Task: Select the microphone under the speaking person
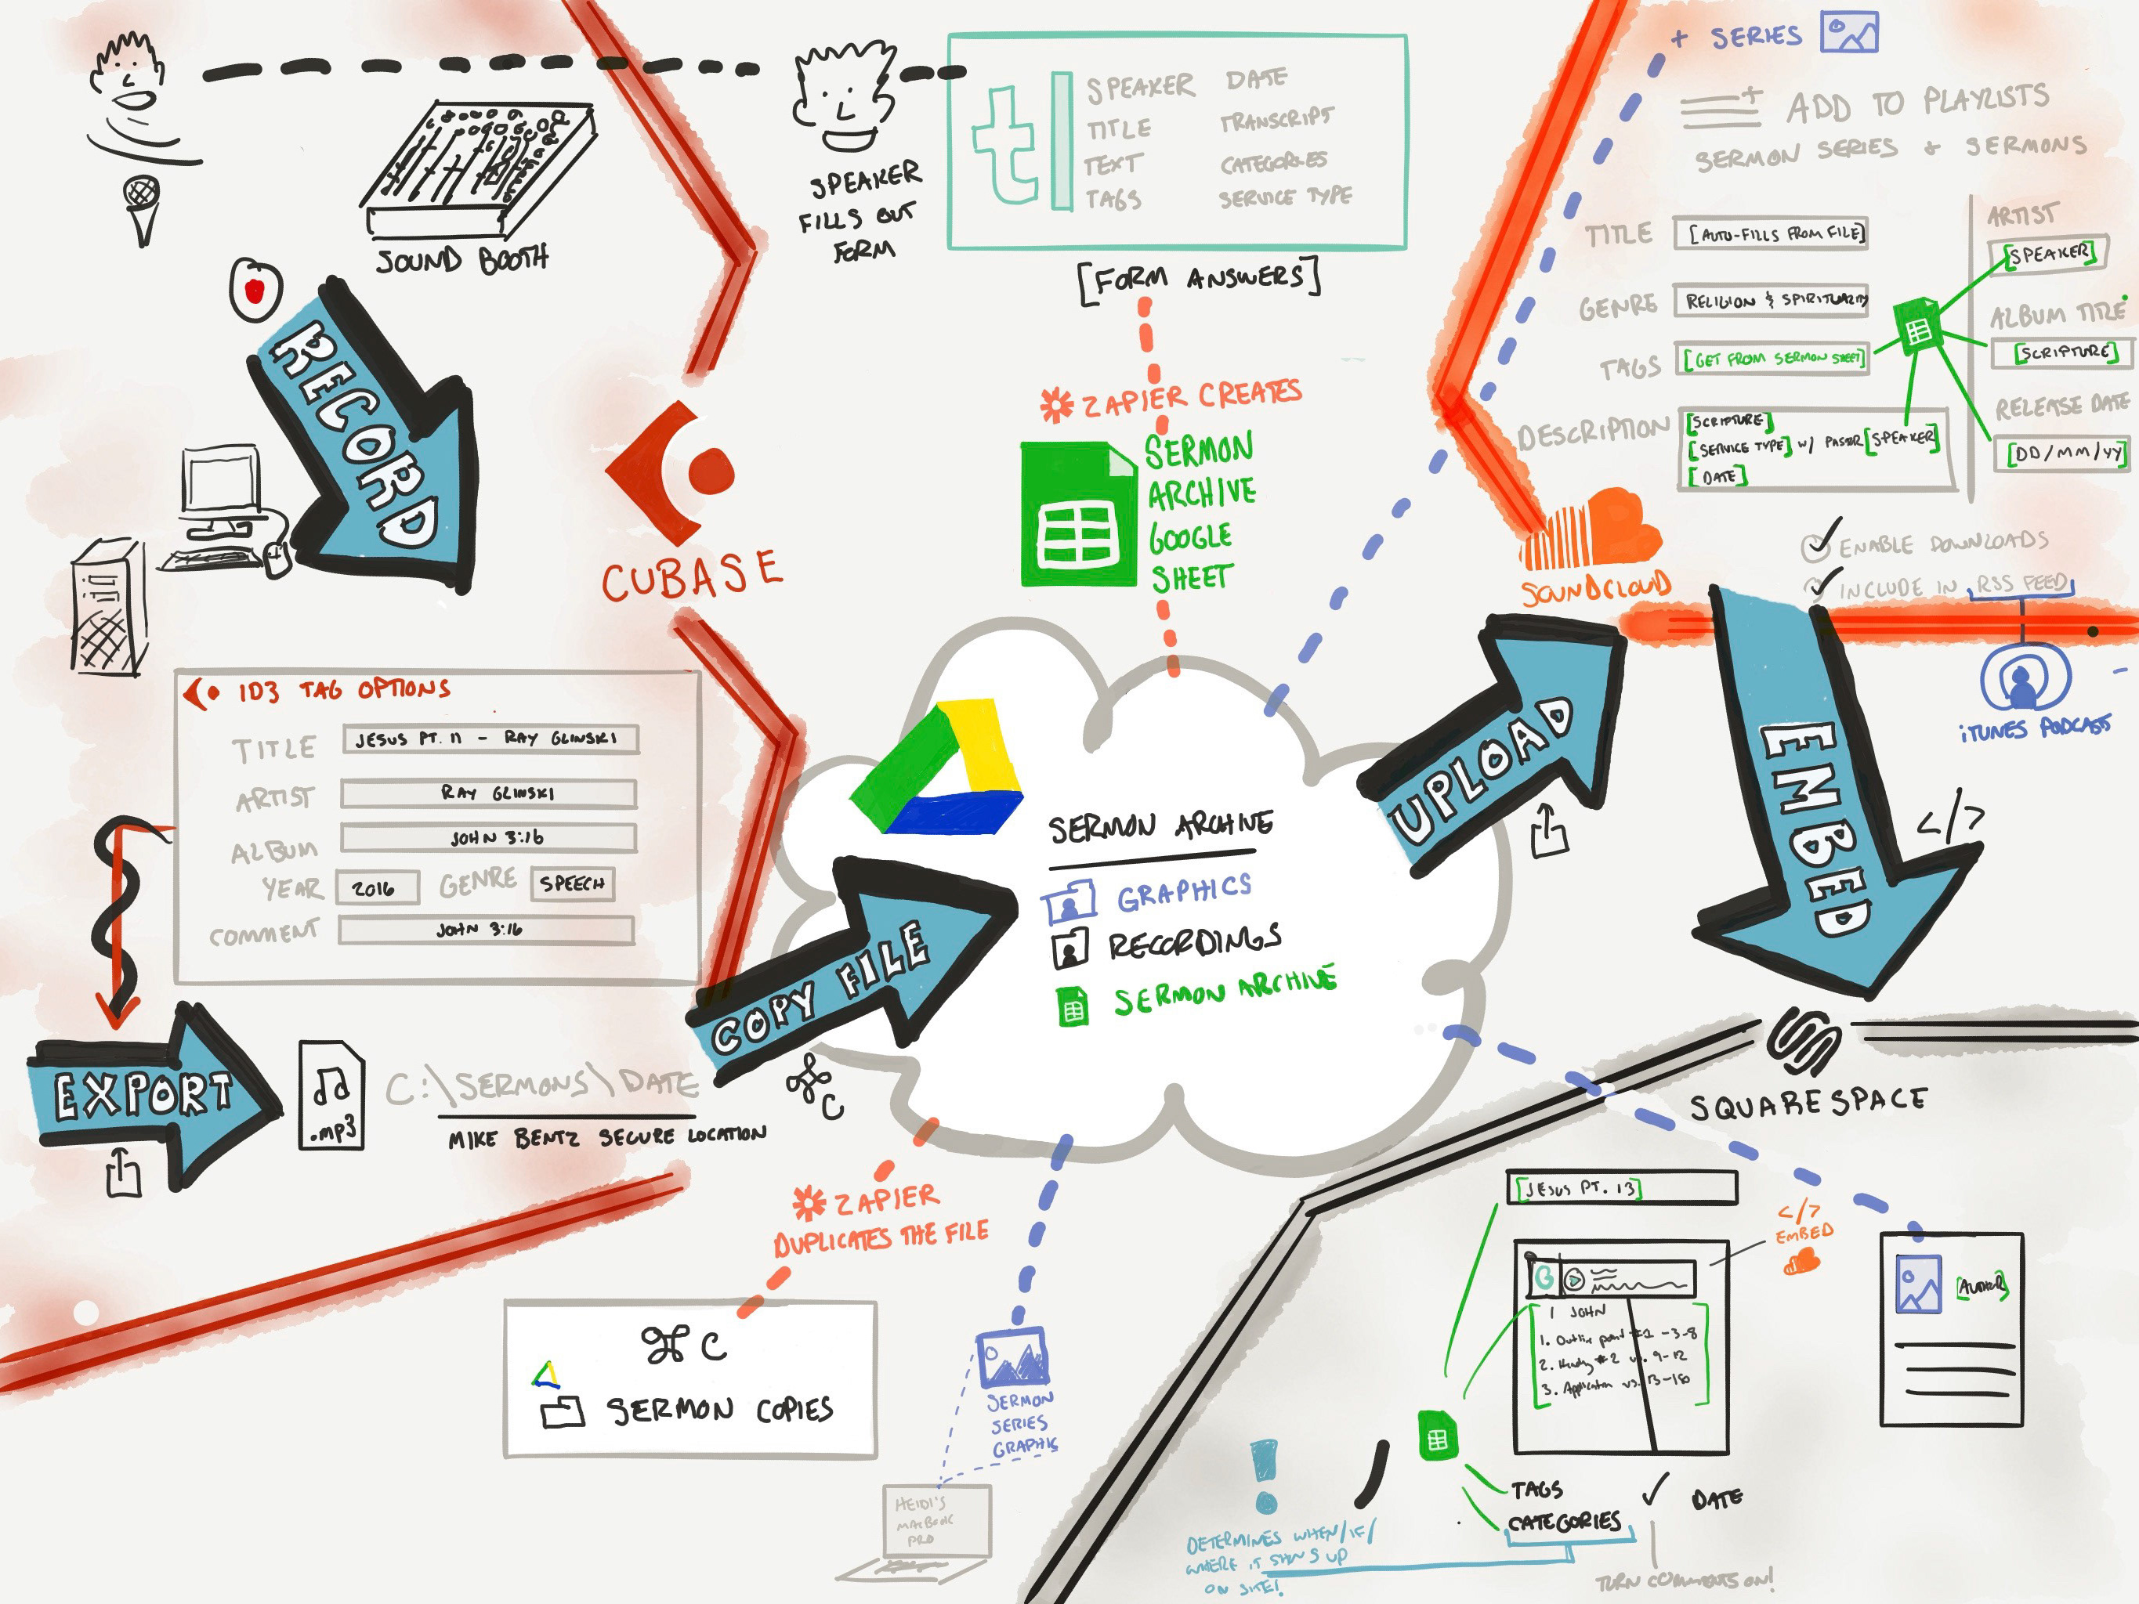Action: (x=142, y=208)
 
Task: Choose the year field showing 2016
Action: (x=377, y=887)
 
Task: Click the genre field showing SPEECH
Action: (x=571, y=883)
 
